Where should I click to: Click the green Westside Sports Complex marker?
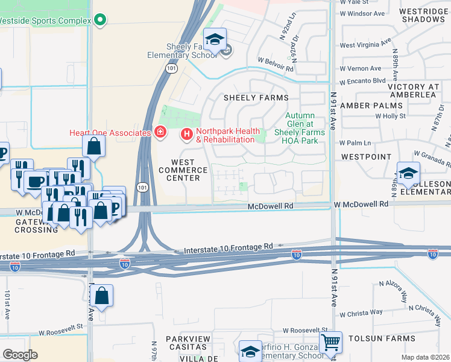[x=101, y=20]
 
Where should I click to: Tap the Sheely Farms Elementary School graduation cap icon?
[x=214, y=40]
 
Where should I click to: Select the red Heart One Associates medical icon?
[x=160, y=132]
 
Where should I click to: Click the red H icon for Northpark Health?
[x=187, y=133]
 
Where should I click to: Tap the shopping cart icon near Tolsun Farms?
[x=330, y=343]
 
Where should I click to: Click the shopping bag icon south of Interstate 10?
[x=102, y=296]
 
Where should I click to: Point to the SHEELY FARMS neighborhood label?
[x=256, y=97]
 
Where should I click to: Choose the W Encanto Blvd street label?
[x=362, y=81]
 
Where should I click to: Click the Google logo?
[x=20, y=355]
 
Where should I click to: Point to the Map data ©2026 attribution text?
[x=425, y=357]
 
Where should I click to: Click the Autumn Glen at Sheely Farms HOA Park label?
[x=300, y=129]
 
